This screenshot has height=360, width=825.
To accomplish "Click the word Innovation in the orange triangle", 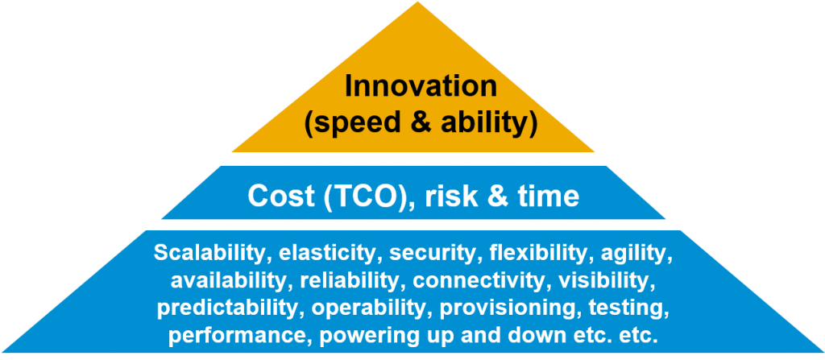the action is click(x=421, y=87).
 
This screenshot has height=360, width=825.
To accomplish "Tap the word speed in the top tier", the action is click(x=351, y=126).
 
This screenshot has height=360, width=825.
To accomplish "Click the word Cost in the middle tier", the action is click(x=277, y=197).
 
